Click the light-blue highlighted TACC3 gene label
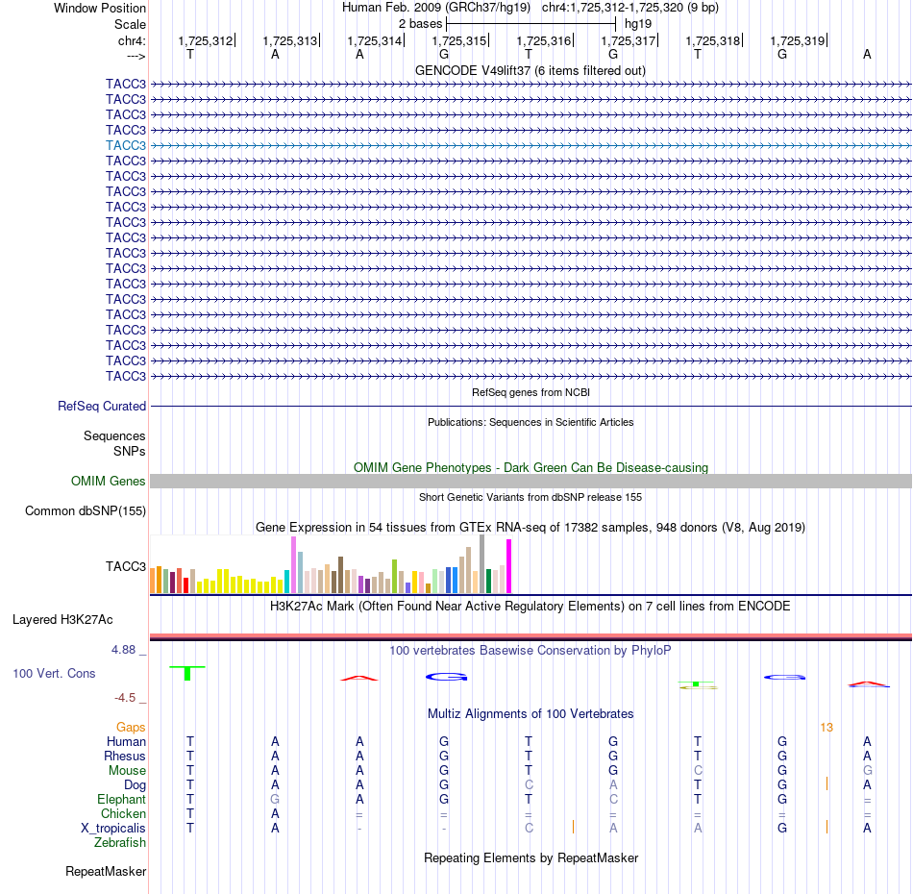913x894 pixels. (125, 145)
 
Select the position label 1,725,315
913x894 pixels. (458, 40)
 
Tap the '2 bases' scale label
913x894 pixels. (420, 24)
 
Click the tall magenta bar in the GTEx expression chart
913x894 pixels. (509, 566)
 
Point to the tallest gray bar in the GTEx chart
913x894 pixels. (482, 563)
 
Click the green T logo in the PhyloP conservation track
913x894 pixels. (186, 673)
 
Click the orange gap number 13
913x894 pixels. (827, 728)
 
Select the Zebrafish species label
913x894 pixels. (120, 843)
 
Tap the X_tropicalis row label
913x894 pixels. (113, 829)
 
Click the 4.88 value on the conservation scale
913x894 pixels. (123, 650)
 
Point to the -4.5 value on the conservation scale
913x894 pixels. (125, 698)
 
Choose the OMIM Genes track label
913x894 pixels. (109, 481)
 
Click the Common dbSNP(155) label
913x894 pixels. (86, 510)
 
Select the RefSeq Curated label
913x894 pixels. (102, 406)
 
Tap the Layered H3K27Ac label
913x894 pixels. (62, 620)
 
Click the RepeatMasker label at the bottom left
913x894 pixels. (106, 871)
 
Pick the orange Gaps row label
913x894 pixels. (131, 728)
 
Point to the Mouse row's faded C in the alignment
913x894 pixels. (698, 771)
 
